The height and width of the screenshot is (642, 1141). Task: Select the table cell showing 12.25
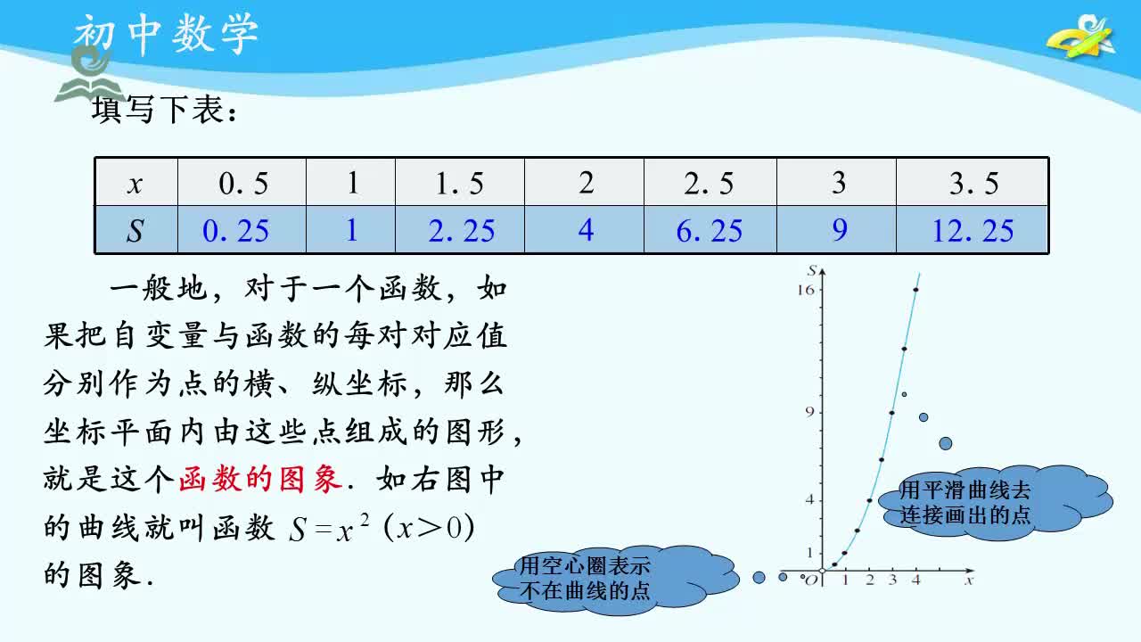pyautogui.click(x=973, y=231)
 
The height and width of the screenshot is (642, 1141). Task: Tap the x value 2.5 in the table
pyautogui.click(x=709, y=184)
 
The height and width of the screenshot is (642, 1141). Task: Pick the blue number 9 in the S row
pyautogui.click(x=839, y=231)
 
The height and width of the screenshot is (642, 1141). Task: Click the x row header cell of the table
pyautogui.click(x=135, y=184)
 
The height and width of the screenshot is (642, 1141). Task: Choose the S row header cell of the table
pyautogui.click(x=135, y=231)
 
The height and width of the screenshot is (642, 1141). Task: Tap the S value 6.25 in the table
pyautogui.click(x=709, y=231)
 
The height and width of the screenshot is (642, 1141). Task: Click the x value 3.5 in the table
pyautogui.click(x=973, y=184)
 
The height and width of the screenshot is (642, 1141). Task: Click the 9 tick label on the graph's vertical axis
pyautogui.click(x=809, y=412)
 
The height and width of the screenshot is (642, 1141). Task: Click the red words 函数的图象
pyautogui.click(x=260, y=480)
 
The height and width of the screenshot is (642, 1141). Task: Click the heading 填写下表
pyautogui.click(x=166, y=112)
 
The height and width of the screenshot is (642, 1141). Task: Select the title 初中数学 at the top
pyautogui.click(x=166, y=34)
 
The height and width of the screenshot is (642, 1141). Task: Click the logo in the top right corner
pyautogui.click(x=1082, y=37)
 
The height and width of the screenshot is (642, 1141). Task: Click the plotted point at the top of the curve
pyautogui.click(x=915, y=290)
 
